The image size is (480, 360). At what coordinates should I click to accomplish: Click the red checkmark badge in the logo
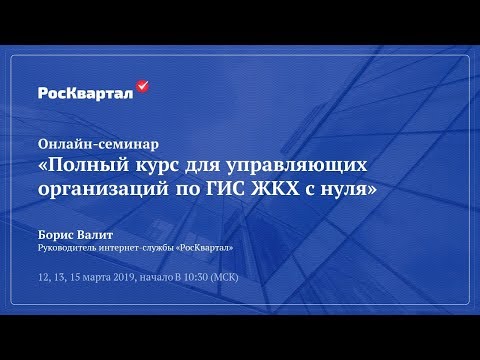tap(142, 87)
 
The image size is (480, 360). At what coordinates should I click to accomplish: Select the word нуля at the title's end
tap(354, 187)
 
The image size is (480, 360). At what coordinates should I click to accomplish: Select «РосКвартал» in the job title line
tap(205, 246)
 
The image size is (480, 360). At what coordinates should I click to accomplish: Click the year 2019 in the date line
tap(123, 276)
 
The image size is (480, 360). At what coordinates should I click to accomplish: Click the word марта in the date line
tap(95, 276)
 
